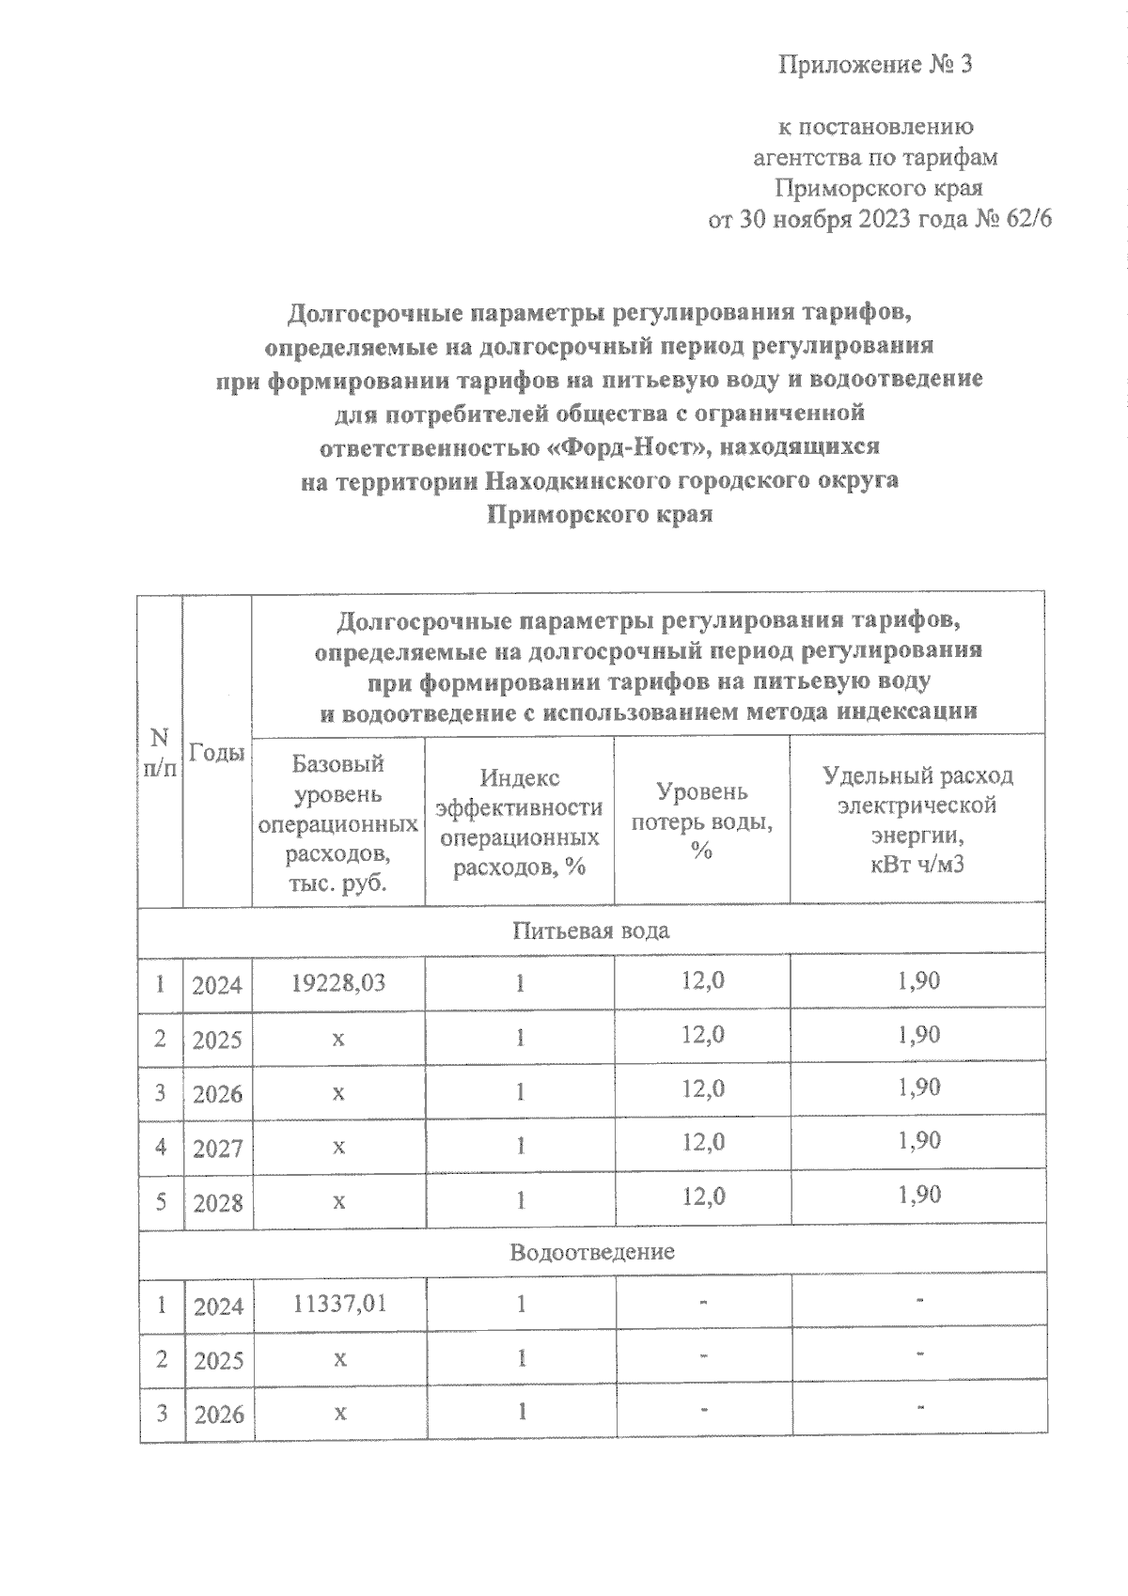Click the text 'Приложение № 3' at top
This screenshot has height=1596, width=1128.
[x=874, y=65]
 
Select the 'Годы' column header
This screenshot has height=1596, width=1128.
[x=217, y=752]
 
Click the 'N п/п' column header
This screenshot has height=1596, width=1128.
[x=161, y=752]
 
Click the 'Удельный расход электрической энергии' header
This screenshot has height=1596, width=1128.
[x=916, y=820]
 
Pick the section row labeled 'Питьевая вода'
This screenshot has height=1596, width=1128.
[x=591, y=931]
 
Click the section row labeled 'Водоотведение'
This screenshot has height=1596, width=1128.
[x=592, y=1253]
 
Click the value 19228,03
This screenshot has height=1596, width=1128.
[x=338, y=983]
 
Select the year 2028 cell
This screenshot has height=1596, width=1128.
[x=217, y=1203]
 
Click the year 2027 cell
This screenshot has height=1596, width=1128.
[x=217, y=1149]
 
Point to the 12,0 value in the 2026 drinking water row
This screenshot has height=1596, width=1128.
[x=702, y=1089]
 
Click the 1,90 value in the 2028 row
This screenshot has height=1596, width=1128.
[x=918, y=1196]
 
